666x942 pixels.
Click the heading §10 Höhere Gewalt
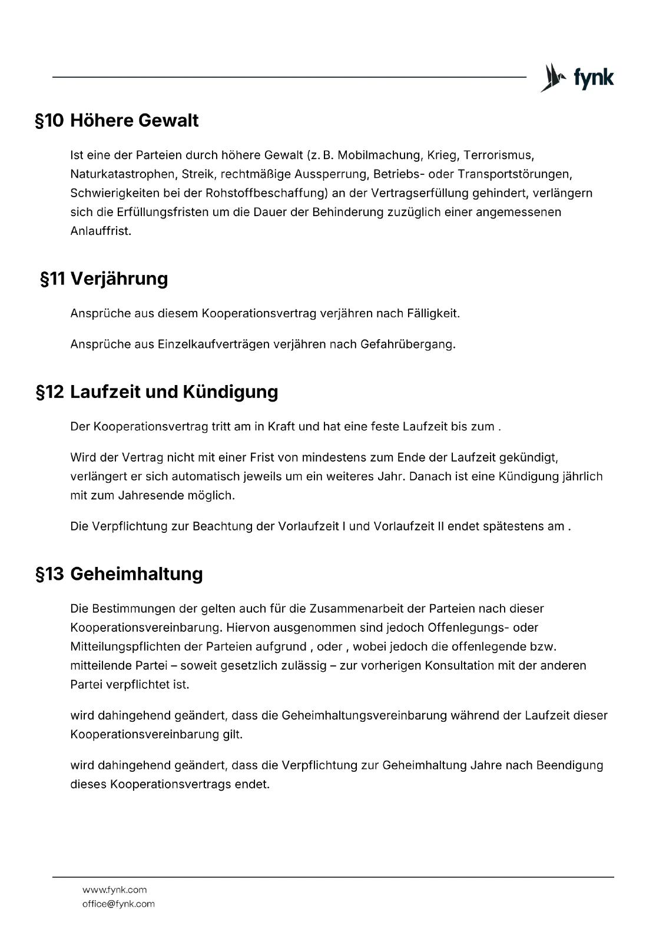(x=117, y=121)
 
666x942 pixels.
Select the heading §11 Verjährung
(x=104, y=278)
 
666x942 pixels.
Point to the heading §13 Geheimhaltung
(x=120, y=574)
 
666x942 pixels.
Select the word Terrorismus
(x=498, y=155)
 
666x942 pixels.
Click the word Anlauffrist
(x=101, y=231)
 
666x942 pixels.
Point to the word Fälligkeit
(x=433, y=313)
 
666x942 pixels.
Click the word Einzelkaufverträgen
(x=213, y=344)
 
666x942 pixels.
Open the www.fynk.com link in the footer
(x=114, y=890)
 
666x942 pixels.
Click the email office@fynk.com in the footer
(x=118, y=904)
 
